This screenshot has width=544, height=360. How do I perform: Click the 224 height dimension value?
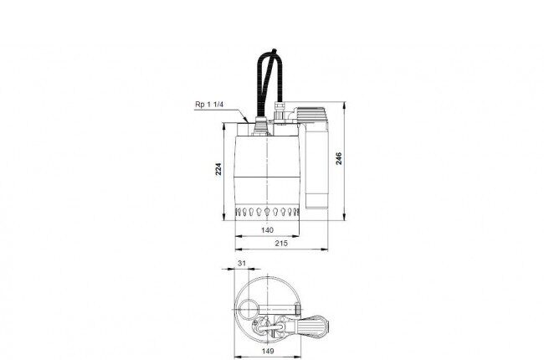point(218,169)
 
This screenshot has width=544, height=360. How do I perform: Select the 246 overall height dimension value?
point(339,158)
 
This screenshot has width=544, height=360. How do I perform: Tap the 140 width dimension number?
point(267,230)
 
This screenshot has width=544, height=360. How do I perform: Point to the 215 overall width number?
point(281,244)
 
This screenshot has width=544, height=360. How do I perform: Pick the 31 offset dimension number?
point(242,263)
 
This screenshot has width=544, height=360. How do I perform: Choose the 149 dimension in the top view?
point(268,351)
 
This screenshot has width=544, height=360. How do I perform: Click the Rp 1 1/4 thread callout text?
point(209,104)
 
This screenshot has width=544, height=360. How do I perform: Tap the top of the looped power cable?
point(274,51)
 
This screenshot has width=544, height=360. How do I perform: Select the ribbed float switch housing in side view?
point(310,114)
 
